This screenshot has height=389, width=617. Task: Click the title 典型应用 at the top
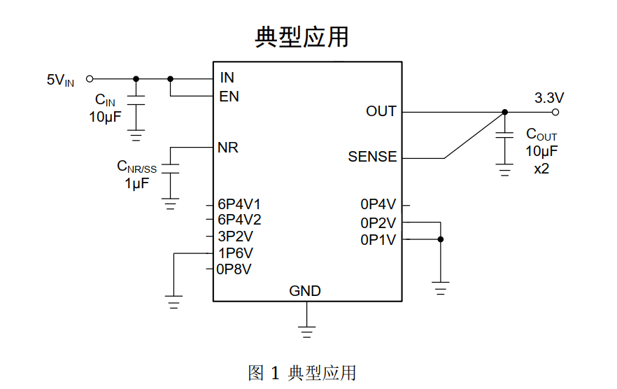[302, 37]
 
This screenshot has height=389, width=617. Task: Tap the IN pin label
[227, 78]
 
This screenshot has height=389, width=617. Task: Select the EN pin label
[229, 97]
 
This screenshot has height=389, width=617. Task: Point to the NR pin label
[228, 148]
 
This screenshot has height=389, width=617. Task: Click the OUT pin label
[381, 111]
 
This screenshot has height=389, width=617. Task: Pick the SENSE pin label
[372, 157]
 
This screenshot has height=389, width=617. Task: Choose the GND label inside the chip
[305, 291]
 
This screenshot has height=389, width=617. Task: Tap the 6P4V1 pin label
[239, 204]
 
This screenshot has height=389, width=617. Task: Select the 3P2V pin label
[236, 236]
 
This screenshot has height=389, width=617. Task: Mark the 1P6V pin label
[236, 253]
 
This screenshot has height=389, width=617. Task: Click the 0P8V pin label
[234, 269]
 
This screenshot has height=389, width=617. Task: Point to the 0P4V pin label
[378, 204]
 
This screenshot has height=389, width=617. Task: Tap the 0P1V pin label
[378, 240]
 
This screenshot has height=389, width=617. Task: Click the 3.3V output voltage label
[549, 97]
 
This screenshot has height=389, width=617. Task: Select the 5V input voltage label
[60, 80]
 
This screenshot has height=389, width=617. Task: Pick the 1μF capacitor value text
[136, 184]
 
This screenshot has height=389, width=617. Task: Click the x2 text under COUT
[541, 169]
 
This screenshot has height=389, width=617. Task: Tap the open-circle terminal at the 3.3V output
[556, 112]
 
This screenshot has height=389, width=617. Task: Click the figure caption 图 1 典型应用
[302, 373]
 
